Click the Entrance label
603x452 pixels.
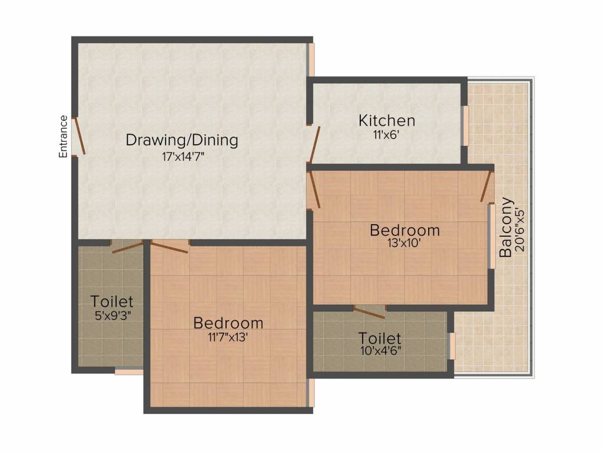(x=63, y=137)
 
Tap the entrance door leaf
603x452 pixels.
(x=79, y=135)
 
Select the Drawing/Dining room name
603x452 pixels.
(x=182, y=140)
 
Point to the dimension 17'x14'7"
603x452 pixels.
(x=183, y=157)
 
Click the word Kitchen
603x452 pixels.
(x=387, y=120)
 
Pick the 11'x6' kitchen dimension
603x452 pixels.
(x=387, y=135)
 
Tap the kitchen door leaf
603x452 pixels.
(x=315, y=145)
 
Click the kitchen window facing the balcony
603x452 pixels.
(x=465, y=125)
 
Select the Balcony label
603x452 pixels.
(x=506, y=227)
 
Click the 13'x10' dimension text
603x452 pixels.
(x=405, y=243)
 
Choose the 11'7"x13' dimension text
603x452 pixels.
(x=228, y=337)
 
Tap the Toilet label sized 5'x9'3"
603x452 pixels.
(x=112, y=301)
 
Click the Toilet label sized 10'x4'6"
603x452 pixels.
(x=380, y=338)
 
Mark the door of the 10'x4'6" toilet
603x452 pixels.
(x=369, y=313)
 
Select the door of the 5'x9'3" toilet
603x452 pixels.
(x=128, y=247)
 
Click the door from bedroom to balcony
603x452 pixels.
(x=486, y=187)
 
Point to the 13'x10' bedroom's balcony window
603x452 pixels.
(x=492, y=236)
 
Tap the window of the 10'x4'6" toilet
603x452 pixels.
(x=452, y=346)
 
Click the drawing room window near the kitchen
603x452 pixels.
(x=312, y=60)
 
